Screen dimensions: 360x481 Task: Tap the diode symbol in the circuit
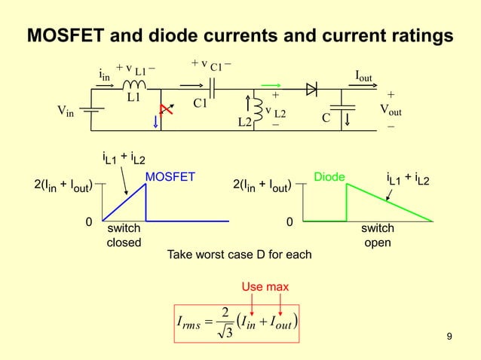311,88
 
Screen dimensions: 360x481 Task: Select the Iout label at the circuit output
368,75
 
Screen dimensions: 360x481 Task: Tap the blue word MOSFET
170,178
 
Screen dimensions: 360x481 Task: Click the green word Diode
329,178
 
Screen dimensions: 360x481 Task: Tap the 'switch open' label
377,235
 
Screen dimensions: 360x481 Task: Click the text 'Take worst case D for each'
239,255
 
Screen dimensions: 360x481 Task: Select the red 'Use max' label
265,287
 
